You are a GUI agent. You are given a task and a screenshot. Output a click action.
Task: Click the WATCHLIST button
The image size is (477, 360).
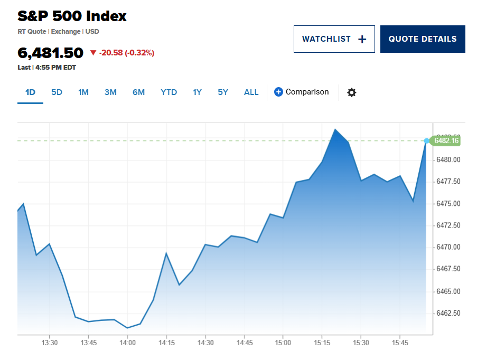click(334, 39)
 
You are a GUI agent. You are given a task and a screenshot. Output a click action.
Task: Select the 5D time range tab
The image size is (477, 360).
click(57, 92)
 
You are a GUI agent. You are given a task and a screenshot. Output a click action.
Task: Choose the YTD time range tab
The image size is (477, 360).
click(169, 92)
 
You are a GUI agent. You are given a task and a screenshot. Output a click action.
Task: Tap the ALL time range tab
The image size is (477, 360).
click(251, 92)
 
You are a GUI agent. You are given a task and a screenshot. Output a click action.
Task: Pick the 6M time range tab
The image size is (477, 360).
click(138, 92)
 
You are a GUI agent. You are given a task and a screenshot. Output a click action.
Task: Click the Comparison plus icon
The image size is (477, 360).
click(279, 92)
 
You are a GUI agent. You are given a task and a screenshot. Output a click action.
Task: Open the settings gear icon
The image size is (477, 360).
click(351, 92)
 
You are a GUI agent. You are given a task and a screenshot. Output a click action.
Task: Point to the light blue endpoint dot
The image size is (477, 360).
click(427, 141)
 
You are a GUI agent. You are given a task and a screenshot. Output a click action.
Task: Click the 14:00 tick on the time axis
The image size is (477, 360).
click(127, 343)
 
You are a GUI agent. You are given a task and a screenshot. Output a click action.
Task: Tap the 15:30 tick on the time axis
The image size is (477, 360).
click(361, 343)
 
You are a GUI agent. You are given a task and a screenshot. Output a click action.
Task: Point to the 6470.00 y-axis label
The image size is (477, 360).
click(448, 247)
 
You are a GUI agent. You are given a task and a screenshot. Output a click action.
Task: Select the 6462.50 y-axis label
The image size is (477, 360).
click(448, 313)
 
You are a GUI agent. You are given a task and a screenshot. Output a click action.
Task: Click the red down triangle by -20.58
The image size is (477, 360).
click(93, 53)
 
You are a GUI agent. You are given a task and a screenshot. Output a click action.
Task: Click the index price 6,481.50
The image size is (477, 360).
click(51, 53)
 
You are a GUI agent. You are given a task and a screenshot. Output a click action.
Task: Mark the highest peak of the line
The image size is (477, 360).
click(334, 129)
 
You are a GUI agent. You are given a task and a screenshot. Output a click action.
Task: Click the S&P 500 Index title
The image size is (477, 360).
click(72, 16)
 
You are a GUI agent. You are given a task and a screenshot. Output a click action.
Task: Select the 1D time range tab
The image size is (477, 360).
click(30, 92)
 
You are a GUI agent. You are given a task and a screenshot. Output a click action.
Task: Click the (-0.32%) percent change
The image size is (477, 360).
click(139, 53)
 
